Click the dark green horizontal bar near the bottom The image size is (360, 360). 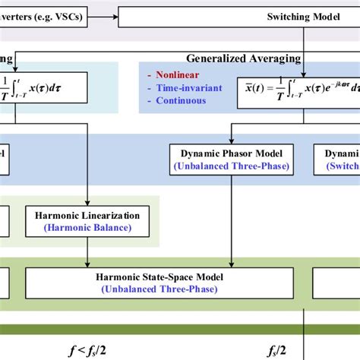(x=180, y=329)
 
